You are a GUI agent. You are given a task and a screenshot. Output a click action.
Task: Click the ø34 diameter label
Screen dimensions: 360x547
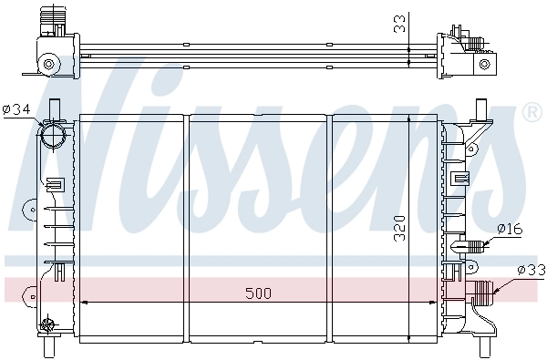click(x=16, y=109)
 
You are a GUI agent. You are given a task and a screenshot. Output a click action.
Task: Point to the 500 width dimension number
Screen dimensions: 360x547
click(x=258, y=293)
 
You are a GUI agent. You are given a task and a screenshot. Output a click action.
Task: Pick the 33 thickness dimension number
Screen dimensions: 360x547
click(x=399, y=26)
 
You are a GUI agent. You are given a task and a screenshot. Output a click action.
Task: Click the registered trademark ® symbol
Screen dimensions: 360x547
click(x=531, y=113)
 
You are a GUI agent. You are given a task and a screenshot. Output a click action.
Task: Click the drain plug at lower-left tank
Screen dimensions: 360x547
click(x=49, y=323)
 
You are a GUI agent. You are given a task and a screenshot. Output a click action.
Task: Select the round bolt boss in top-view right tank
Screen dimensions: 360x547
click(x=487, y=65)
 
